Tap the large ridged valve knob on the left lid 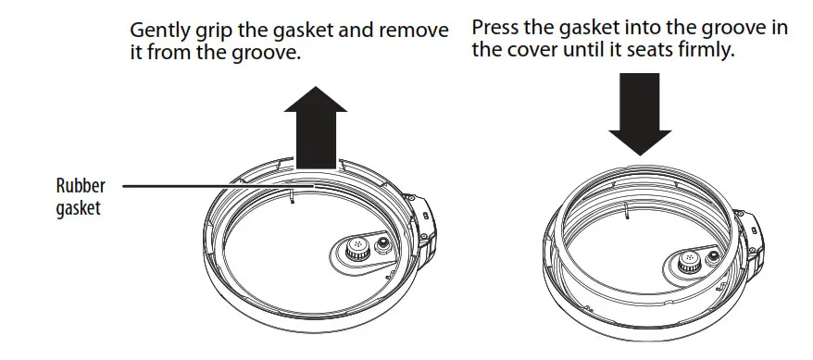click(x=355, y=248)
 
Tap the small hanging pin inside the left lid click(x=291, y=197)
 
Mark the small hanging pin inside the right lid click(x=627, y=216)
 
